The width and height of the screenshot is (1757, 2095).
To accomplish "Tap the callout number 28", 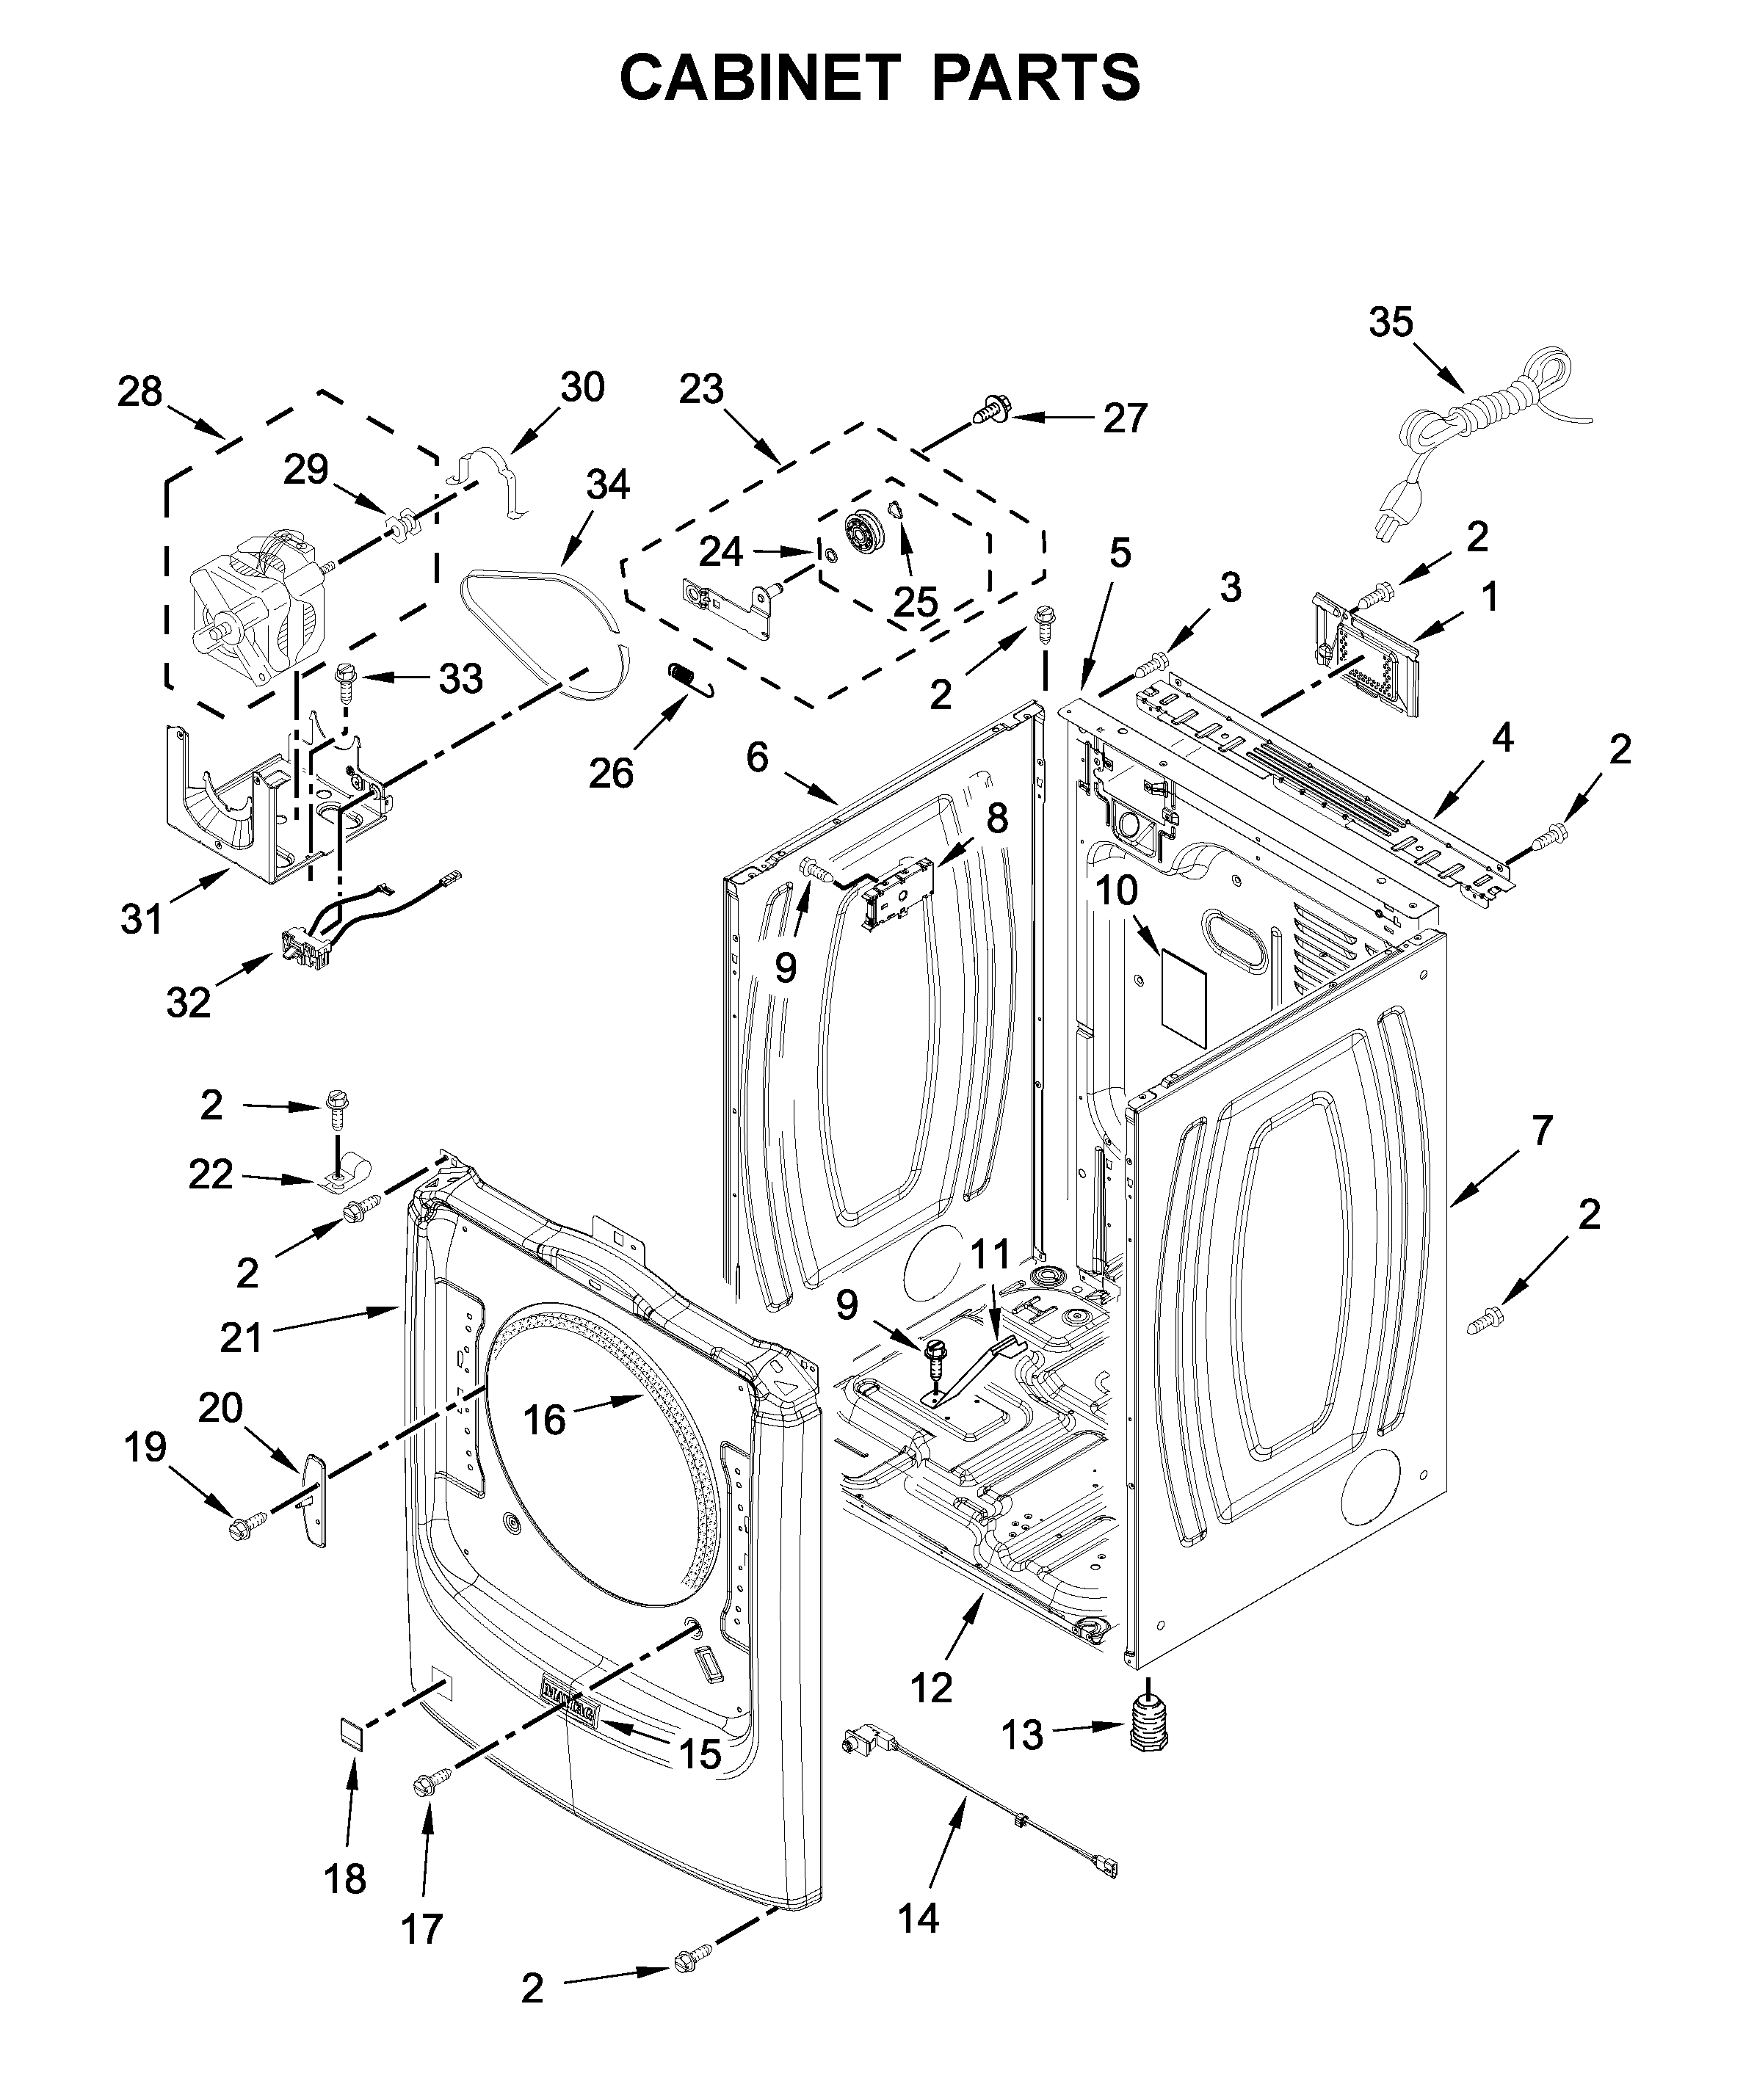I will pyautogui.click(x=140, y=392).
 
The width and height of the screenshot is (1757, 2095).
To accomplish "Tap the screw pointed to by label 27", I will pyautogui.click(x=990, y=407).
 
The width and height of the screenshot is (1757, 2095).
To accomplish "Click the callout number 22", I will pyautogui.click(x=211, y=1175).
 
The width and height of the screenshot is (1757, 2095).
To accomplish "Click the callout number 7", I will pyautogui.click(x=1541, y=1130).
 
